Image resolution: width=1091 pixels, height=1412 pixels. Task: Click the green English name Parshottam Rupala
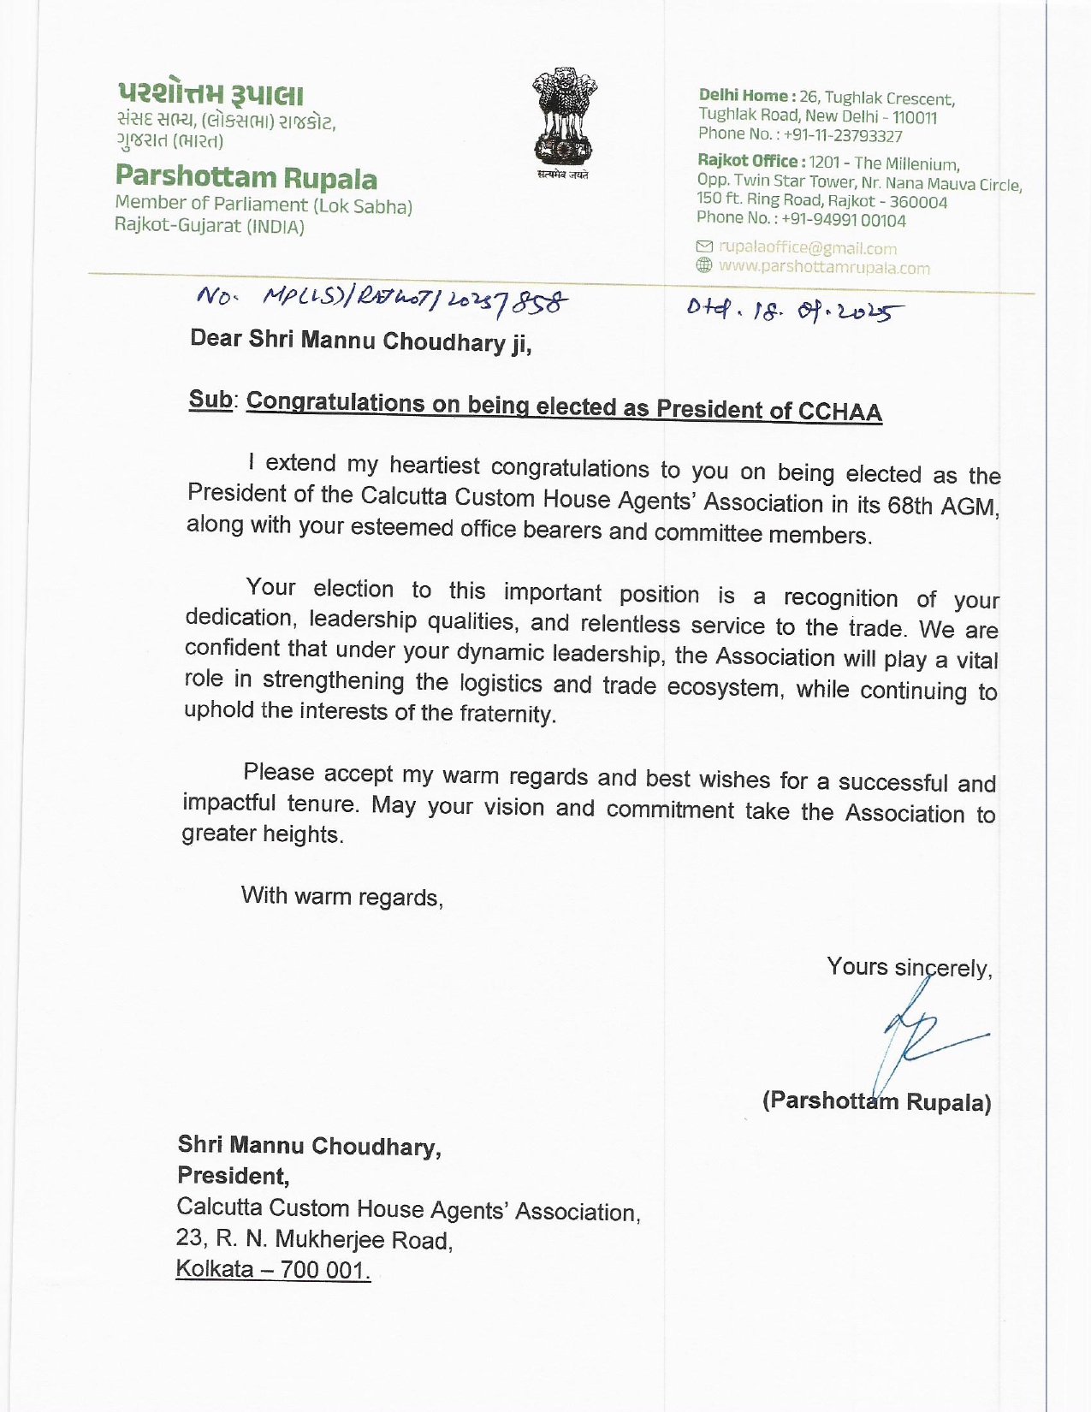pos(246,177)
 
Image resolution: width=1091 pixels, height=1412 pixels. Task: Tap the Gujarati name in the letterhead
pos(210,94)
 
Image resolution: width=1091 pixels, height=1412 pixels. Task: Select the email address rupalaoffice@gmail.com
pos(808,248)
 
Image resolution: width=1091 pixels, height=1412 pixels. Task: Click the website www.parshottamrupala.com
pos(824,267)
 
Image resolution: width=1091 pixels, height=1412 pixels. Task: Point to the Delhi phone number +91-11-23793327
pos(843,135)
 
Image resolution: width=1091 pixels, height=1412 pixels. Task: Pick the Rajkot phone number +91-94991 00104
pos(844,220)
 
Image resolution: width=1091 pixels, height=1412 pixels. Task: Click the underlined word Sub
pos(210,399)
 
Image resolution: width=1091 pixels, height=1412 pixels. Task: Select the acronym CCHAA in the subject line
pos(839,412)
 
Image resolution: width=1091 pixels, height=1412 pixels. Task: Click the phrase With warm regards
pos(341,896)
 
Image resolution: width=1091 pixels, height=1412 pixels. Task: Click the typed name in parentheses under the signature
pos(877,1101)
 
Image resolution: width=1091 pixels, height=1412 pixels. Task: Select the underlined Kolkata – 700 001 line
pos(273,1269)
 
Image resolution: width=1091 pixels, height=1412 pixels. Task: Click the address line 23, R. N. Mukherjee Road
pos(314,1239)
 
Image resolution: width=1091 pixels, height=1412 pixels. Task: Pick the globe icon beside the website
pos(704,265)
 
